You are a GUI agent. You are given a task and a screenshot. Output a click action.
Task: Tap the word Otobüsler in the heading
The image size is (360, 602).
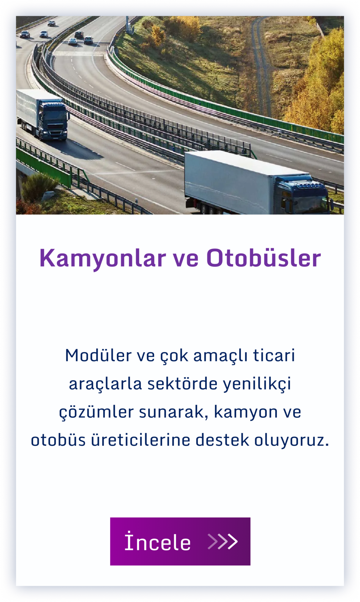click(x=264, y=258)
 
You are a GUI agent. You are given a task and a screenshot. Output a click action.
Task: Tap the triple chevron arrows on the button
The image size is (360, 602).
click(x=223, y=541)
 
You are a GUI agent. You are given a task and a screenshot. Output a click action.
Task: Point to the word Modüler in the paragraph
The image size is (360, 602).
click(x=98, y=356)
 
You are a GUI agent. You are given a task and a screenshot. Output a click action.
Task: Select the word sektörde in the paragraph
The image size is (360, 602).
click(x=182, y=384)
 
